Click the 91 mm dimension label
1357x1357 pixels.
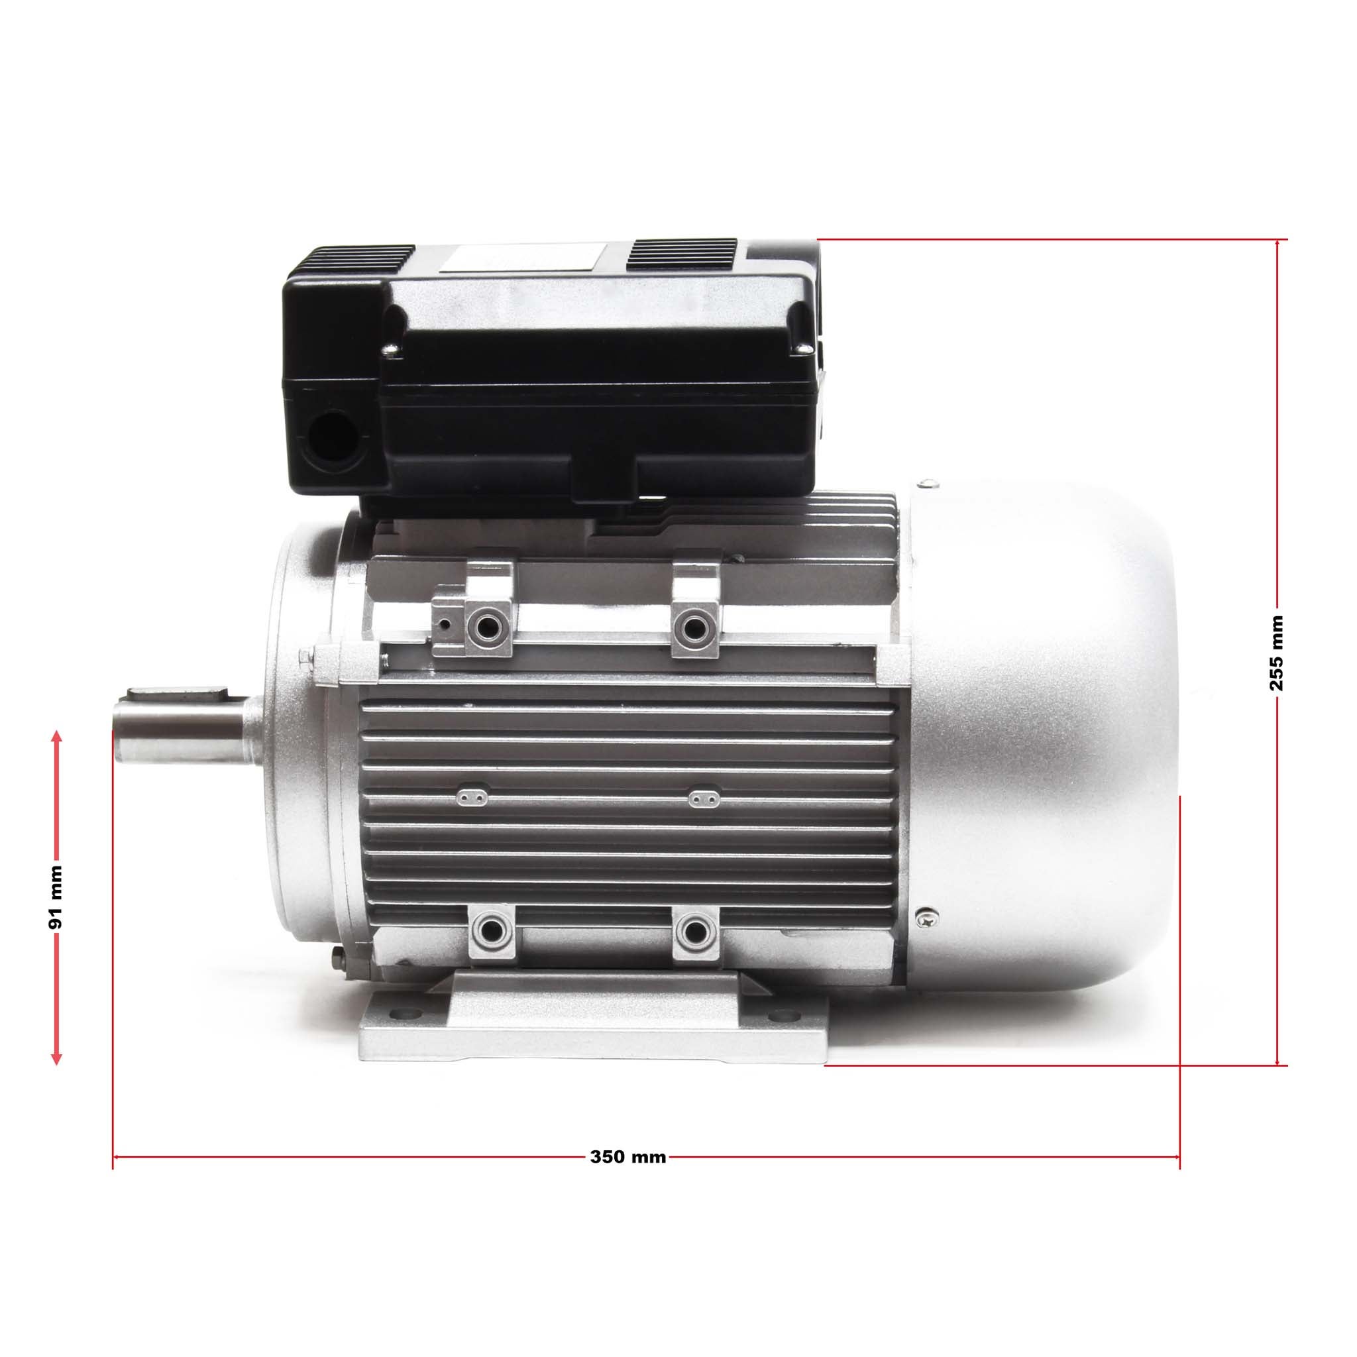coord(56,906)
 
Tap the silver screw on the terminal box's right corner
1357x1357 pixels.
coord(803,346)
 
